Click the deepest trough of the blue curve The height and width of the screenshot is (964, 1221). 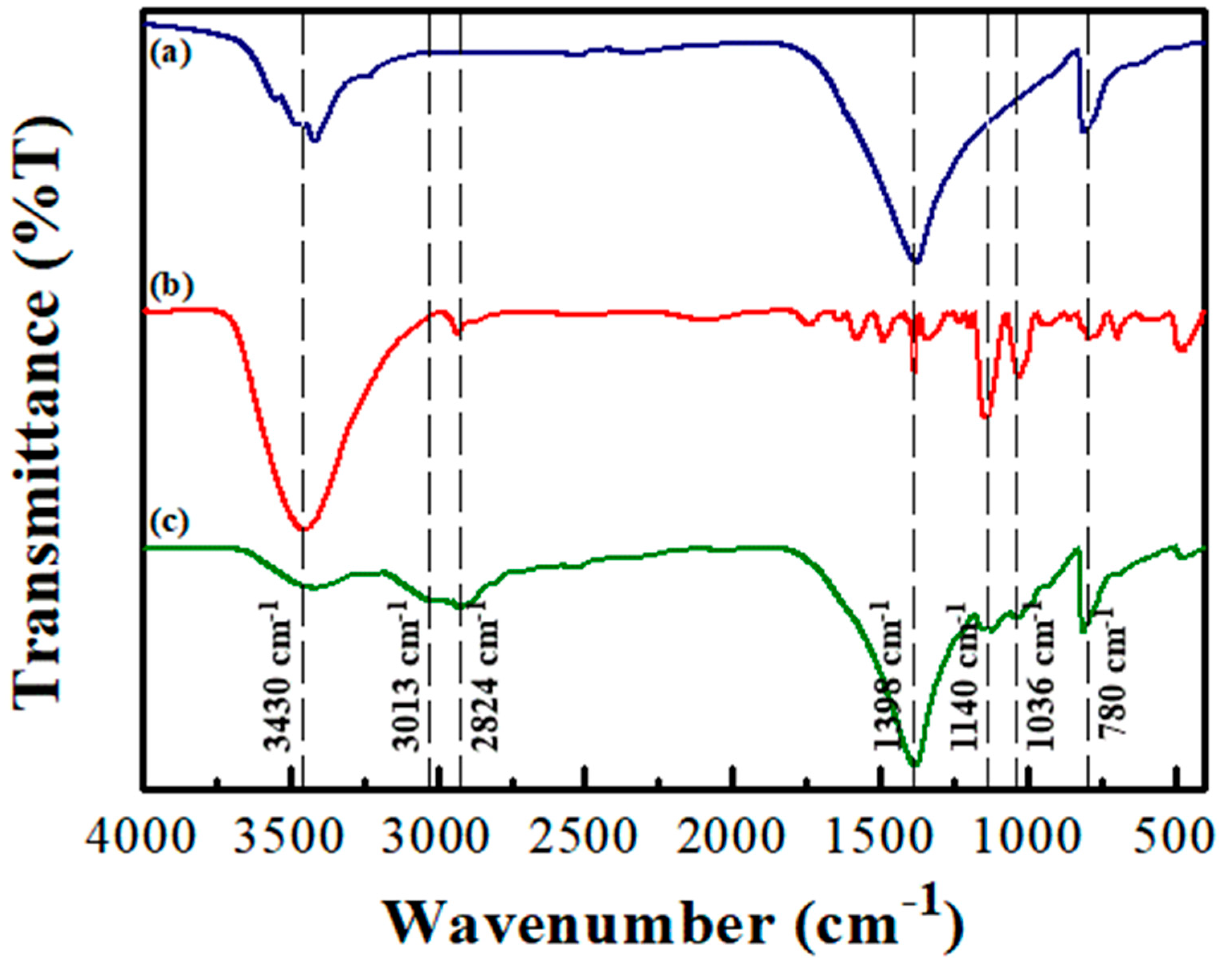coord(916,263)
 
